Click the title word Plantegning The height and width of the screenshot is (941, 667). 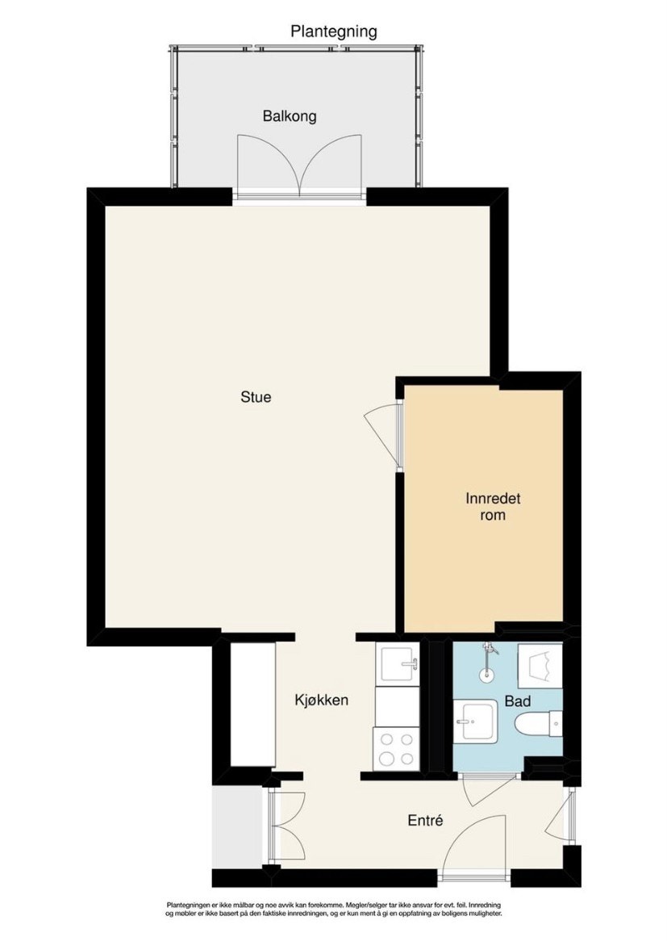333,32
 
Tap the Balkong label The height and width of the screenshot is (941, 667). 290,116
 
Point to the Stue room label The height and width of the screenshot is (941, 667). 256,397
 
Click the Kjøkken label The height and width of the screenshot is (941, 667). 321,700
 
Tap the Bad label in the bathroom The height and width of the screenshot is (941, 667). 517,701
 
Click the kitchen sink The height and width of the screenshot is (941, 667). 398,665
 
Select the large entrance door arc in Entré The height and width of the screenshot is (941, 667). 476,846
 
